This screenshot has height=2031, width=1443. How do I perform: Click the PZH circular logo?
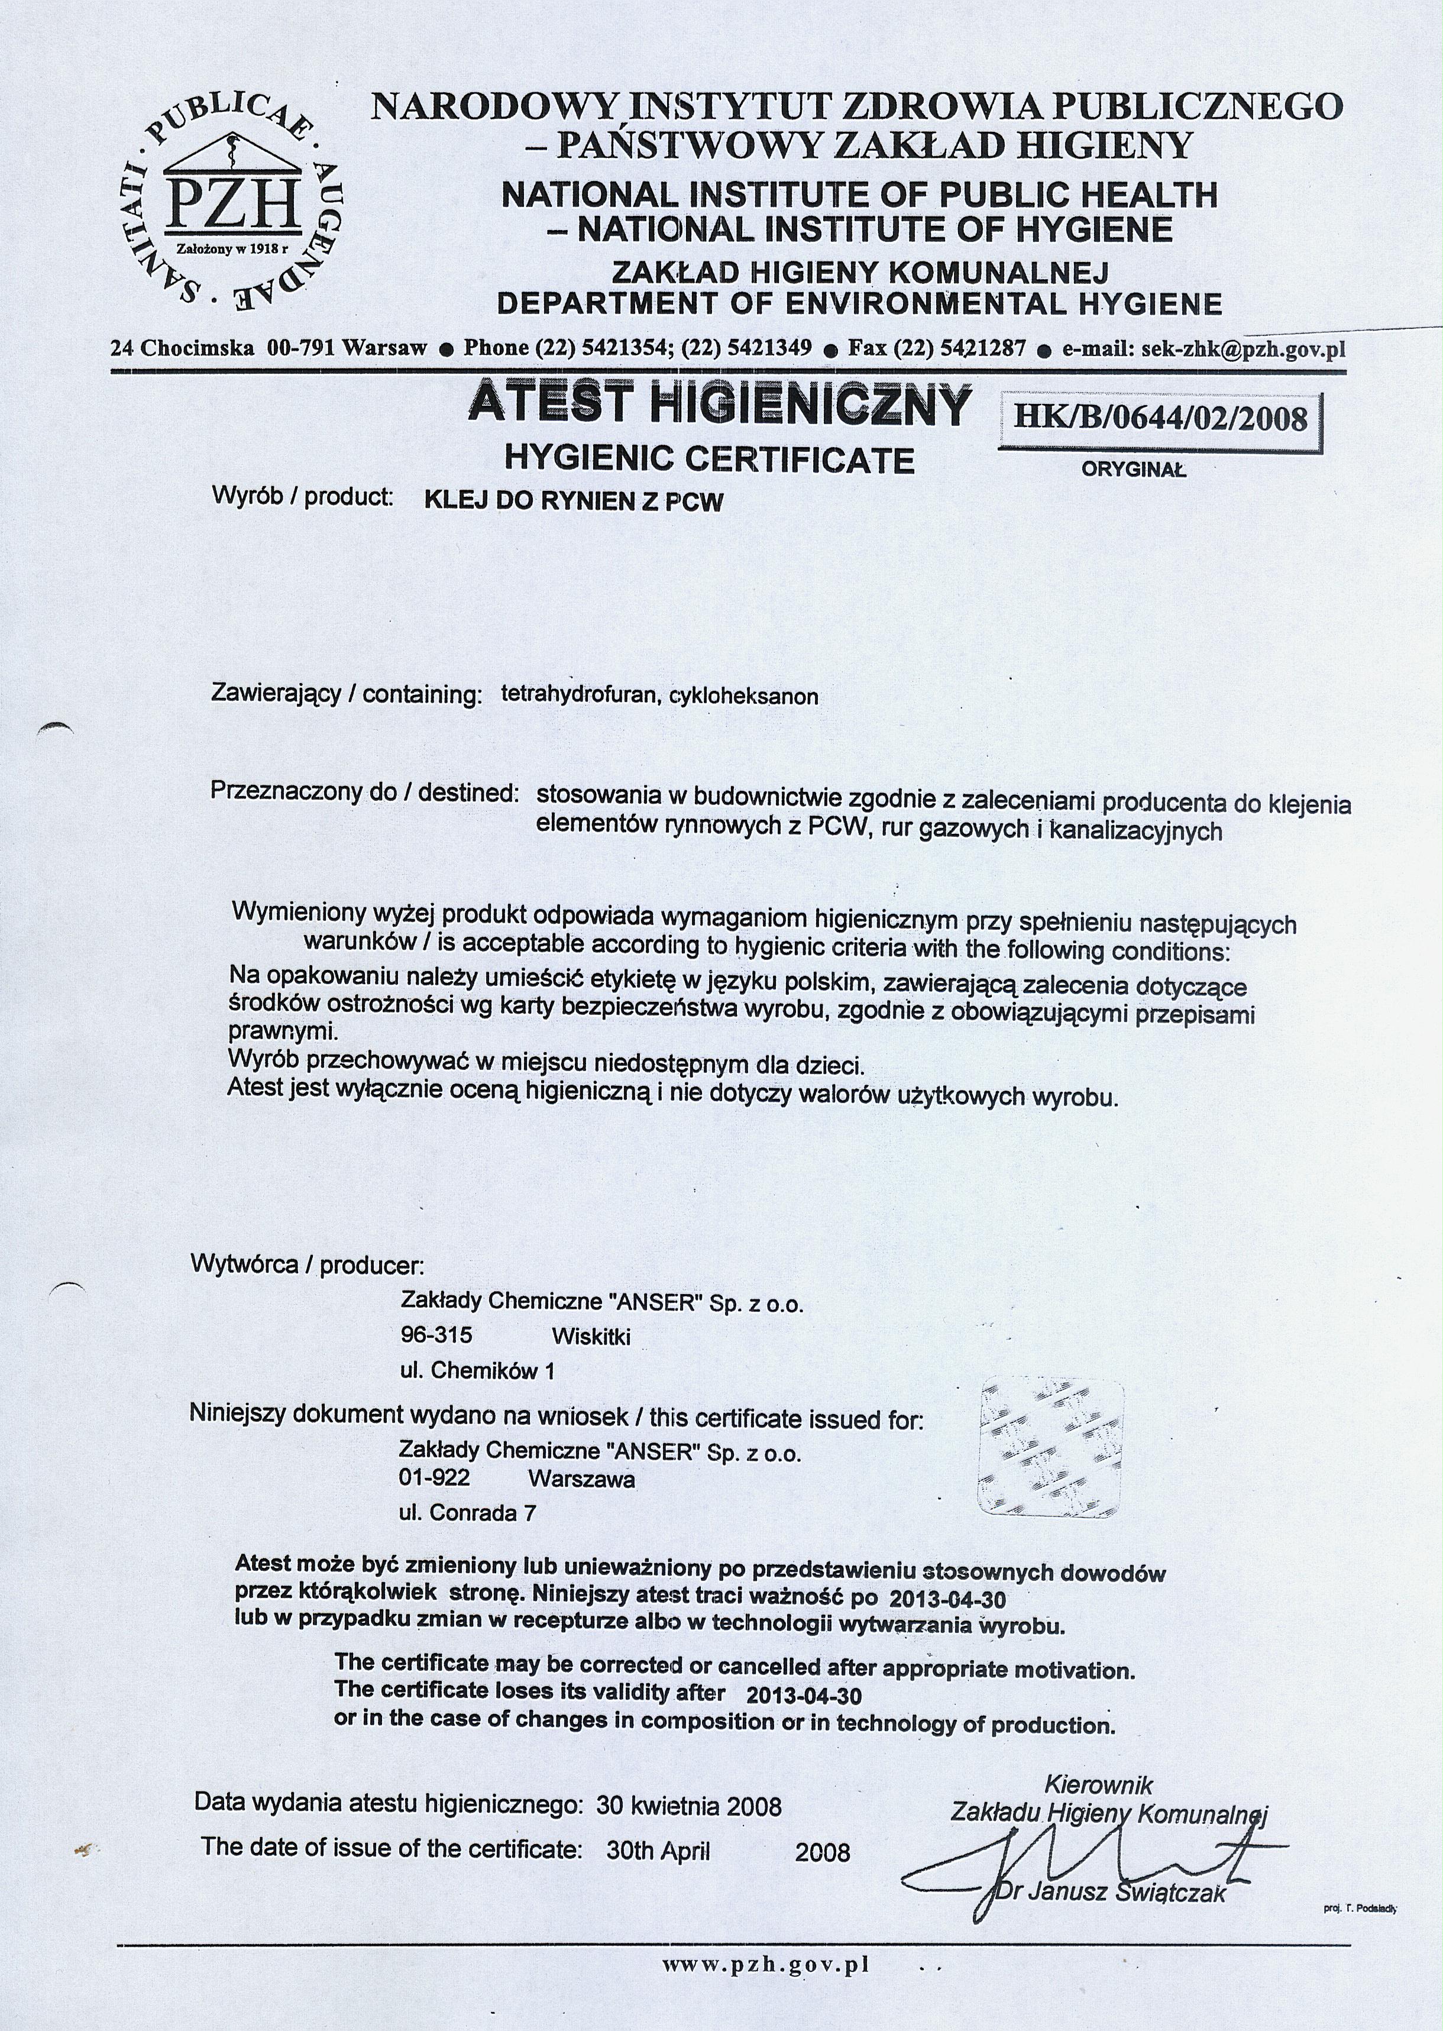click(x=229, y=200)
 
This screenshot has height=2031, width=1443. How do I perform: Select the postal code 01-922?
click(x=435, y=1479)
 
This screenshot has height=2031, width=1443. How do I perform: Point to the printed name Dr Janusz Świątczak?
click(x=1111, y=1893)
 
